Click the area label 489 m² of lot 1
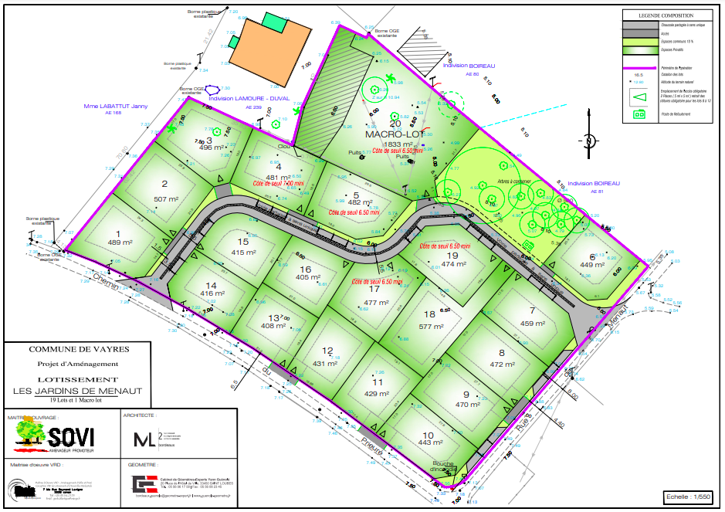click(x=118, y=242)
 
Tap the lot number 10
click(x=428, y=436)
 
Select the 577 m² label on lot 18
click(x=430, y=326)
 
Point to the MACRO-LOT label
click(x=391, y=134)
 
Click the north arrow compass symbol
click(x=588, y=141)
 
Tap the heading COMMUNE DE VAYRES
click(x=79, y=349)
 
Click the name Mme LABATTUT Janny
click(x=116, y=106)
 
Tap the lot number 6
click(x=592, y=257)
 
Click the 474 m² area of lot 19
click(x=453, y=264)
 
